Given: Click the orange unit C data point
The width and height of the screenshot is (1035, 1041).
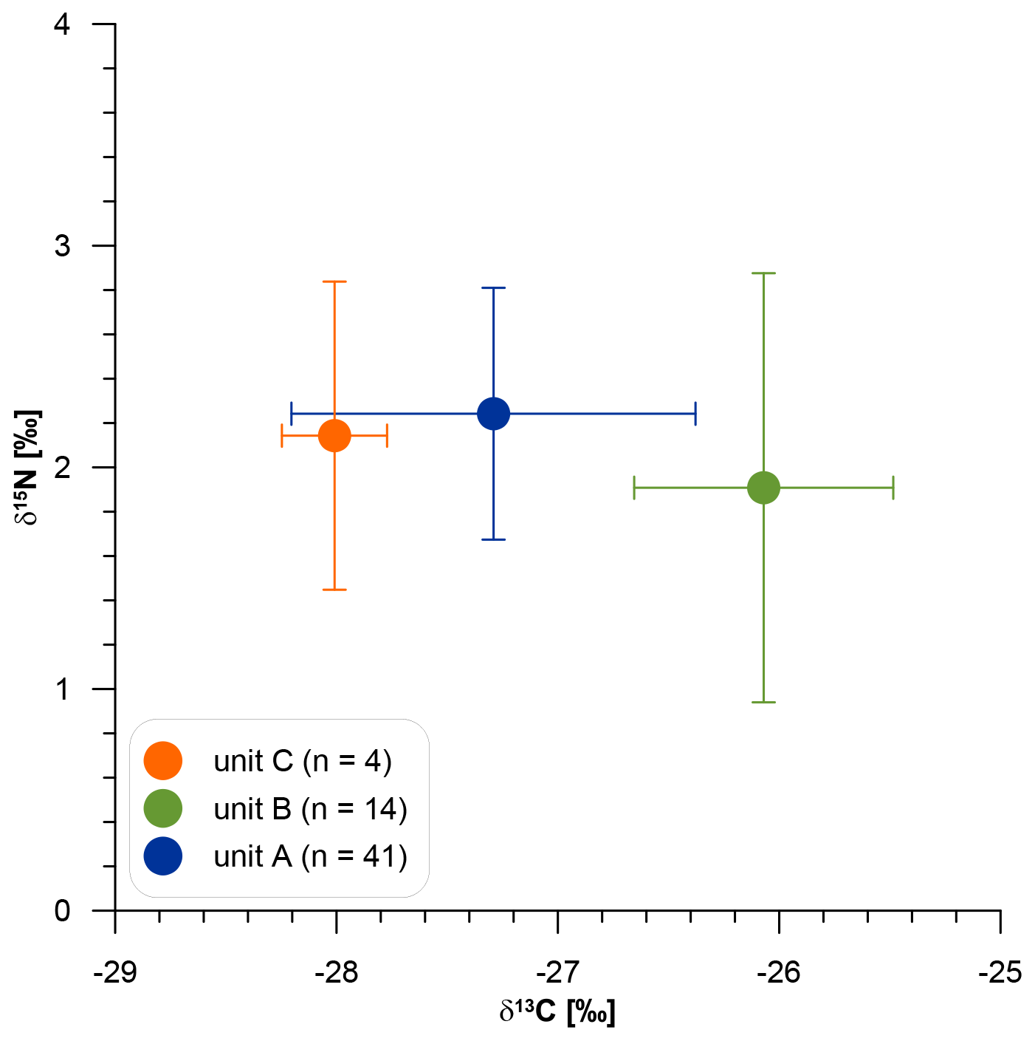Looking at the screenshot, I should coord(334,436).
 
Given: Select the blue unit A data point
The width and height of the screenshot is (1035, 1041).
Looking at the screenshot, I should coord(493,413).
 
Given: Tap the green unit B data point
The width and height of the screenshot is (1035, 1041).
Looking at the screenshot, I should coord(763,488).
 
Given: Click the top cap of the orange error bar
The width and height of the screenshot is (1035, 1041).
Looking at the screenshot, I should coord(334,281).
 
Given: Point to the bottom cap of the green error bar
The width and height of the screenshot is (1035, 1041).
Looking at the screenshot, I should coord(763,702).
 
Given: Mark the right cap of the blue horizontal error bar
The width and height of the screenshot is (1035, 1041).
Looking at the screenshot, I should coord(695,413).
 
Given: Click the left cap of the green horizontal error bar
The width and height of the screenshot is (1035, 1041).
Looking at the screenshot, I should coord(634,488).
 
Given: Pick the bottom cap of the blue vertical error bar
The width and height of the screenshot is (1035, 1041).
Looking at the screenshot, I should coord(493,539).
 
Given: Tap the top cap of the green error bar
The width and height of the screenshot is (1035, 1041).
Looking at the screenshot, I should coord(763,273).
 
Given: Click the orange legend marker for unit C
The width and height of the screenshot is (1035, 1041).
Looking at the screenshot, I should coord(162,761).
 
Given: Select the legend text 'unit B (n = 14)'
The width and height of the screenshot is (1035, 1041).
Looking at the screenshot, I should coord(310,809).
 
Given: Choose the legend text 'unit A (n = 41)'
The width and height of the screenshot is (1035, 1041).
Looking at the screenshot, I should coord(310,856).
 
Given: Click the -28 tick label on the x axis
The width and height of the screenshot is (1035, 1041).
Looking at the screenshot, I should coord(336,972).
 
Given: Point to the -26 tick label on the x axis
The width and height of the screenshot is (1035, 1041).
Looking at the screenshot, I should coord(779,972).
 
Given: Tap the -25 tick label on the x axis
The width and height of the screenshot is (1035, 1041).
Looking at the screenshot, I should coord(1000,972).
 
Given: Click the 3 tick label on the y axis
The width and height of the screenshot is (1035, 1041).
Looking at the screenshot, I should coord(63,245).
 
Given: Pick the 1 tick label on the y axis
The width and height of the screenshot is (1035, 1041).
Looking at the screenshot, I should coord(63,689).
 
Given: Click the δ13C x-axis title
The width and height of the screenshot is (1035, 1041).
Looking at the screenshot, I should coord(557,1011).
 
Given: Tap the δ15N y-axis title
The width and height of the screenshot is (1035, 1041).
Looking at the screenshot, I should coord(28,467).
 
